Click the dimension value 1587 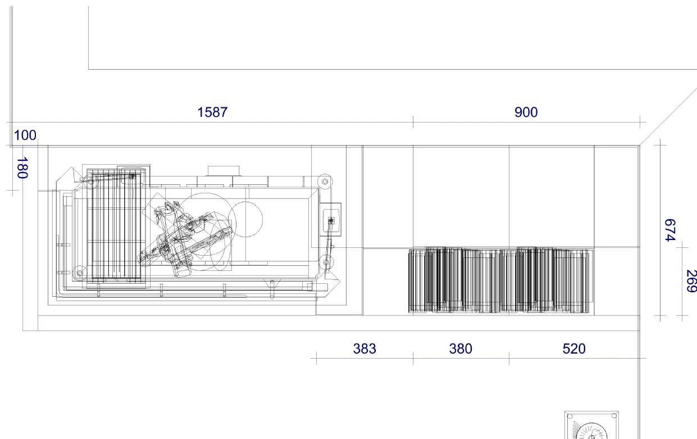click(212, 112)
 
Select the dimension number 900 click(526, 112)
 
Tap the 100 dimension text click(25, 135)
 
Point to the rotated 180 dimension click(22, 168)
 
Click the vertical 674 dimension click(670, 230)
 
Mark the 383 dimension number click(365, 349)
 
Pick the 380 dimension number click(461, 349)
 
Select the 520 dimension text click(574, 349)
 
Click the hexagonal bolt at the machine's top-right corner click(325, 181)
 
